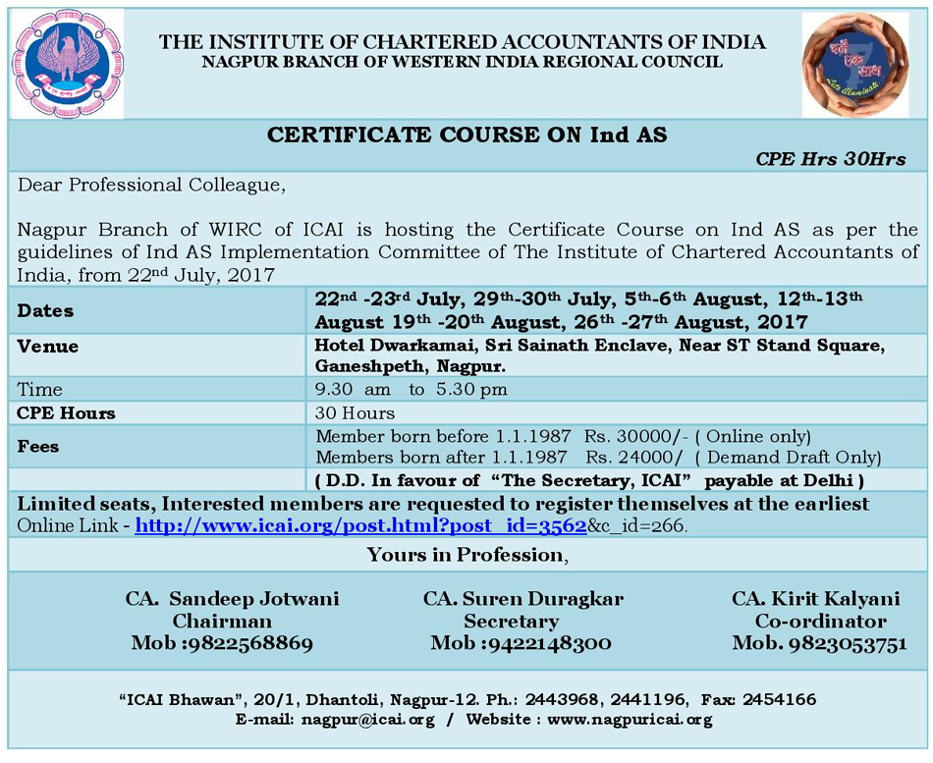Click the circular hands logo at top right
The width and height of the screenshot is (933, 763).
click(x=854, y=64)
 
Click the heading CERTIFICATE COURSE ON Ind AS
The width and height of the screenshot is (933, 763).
click(x=466, y=136)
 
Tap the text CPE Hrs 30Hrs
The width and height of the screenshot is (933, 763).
click(x=831, y=159)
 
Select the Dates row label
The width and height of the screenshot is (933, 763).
click(x=45, y=310)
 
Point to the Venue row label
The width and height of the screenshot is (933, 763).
click(x=48, y=347)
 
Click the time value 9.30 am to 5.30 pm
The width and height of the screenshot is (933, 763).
click(x=412, y=390)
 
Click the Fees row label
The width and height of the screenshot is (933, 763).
click(x=38, y=446)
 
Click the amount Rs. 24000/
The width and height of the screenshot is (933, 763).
click(x=634, y=457)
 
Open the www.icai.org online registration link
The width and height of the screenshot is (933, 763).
click(x=360, y=526)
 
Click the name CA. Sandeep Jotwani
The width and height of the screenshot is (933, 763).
click(x=232, y=599)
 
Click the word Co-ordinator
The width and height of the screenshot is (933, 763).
click(x=820, y=622)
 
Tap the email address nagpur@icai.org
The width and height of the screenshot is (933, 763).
click(x=368, y=720)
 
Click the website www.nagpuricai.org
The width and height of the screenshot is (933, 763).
click(x=630, y=720)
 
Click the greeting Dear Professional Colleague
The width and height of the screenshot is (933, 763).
click(x=150, y=185)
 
